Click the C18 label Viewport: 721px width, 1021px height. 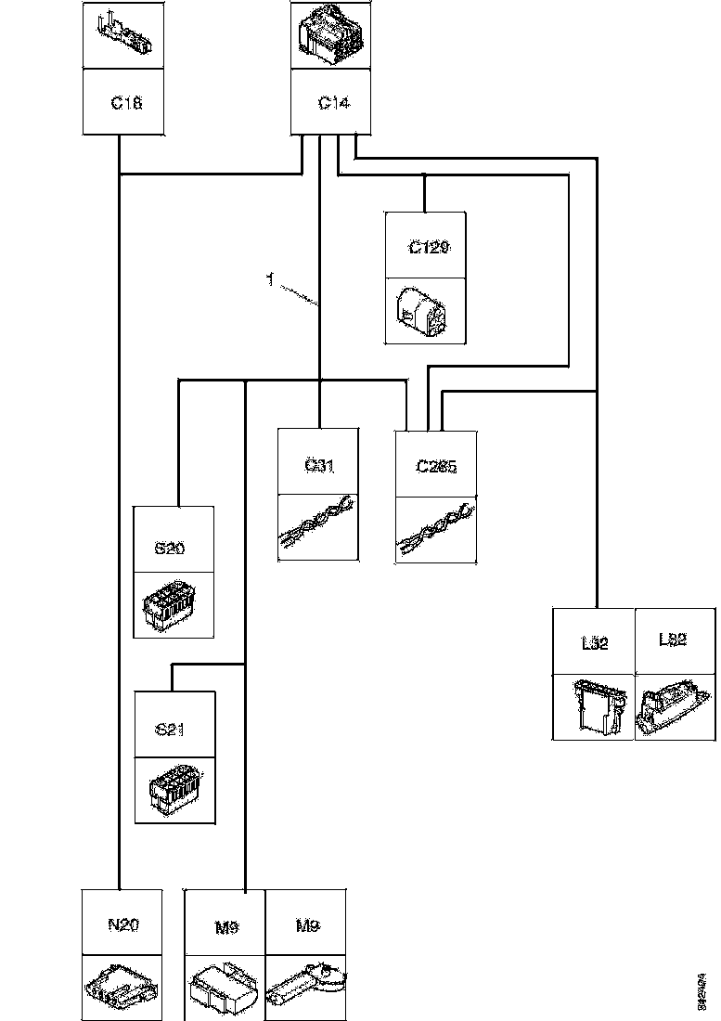(x=125, y=103)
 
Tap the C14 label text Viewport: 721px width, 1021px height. (x=333, y=103)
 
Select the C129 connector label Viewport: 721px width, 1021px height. (x=428, y=248)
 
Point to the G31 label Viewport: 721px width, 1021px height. (x=318, y=465)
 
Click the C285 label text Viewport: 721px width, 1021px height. (x=436, y=468)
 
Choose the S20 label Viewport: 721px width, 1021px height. (x=170, y=549)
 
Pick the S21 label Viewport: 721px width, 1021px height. (x=170, y=730)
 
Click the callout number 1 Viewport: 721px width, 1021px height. (x=269, y=278)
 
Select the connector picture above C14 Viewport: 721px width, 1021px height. (x=333, y=37)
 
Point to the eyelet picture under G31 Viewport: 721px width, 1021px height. (x=318, y=524)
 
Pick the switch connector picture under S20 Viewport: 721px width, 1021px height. (x=172, y=604)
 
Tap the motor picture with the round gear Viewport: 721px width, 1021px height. (x=306, y=989)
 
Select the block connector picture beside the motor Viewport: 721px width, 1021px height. (x=225, y=988)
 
